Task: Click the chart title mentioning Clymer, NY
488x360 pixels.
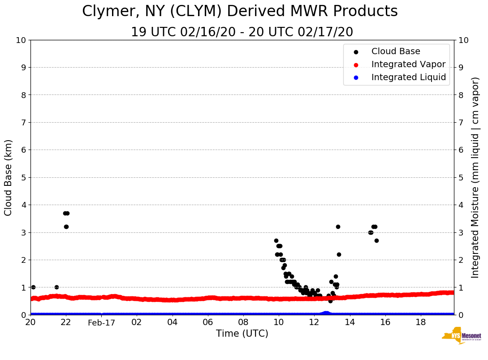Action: pyautogui.click(x=240, y=12)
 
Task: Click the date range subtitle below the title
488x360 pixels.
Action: pyautogui.click(x=242, y=32)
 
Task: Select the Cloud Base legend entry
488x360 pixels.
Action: pyautogui.click(x=396, y=51)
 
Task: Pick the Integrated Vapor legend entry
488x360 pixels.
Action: pyautogui.click(x=408, y=64)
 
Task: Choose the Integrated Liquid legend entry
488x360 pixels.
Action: pyautogui.click(x=408, y=77)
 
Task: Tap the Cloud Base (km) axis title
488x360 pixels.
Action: pyautogui.click(x=9, y=177)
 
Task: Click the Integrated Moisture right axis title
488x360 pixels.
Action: pyautogui.click(x=475, y=177)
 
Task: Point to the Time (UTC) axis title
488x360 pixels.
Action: pyautogui.click(x=242, y=334)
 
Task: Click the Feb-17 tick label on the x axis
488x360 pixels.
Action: pyautogui.click(x=101, y=323)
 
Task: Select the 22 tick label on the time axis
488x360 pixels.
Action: pyautogui.click(x=66, y=322)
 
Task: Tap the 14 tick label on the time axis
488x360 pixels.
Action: pyautogui.click(x=350, y=322)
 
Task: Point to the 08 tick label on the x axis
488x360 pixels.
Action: pyautogui.click(x=243, y=322)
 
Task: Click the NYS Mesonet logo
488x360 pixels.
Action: pyautogui.click(x=462, y=336)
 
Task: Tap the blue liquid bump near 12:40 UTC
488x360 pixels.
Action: pyautogui.click(x=326, y=313)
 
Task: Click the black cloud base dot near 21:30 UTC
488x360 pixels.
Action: pyautogui.click(x=56, y=287)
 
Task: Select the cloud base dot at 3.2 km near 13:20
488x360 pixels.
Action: pyautogui.click(x=338, y=227)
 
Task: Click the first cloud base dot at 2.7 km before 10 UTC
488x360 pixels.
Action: pyautogui.click(x=276, y=240)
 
